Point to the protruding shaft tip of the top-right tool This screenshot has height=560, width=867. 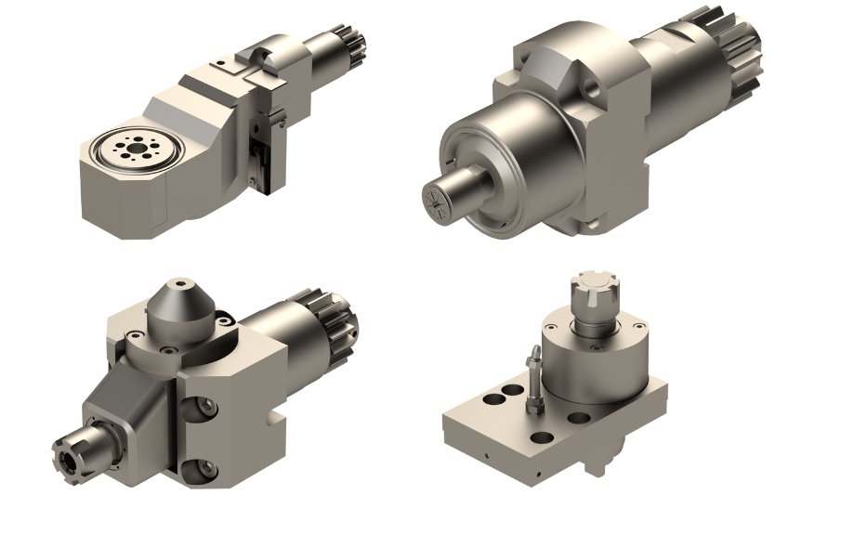point(444,197)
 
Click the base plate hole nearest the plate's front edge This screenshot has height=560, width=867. point(539,436)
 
